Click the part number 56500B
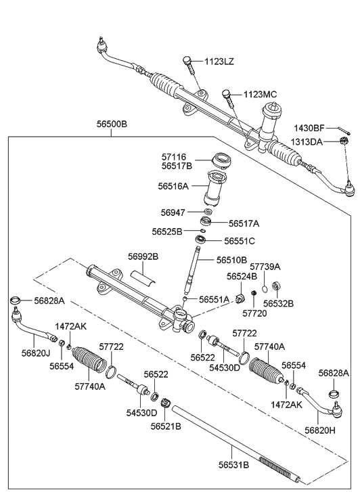(112, 124)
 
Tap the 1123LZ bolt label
(219, 62)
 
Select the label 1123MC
(261, 95)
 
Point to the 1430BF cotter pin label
(309, 128)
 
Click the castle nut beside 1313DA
(345, 141)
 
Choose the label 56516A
(173, 186)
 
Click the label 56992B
(143, 256)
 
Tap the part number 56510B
(231, 260)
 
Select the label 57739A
(265, 267)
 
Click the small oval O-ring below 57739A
(265, 288)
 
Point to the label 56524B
(242, 276)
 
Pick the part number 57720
(254, 313)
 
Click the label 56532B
(278, 304)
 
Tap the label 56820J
(36, 353)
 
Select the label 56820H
(320, 430)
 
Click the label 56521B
(166, 426)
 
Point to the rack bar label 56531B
(234, 465)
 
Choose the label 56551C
(240, 241)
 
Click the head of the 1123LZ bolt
(187, 60)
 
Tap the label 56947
(173, 213)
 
